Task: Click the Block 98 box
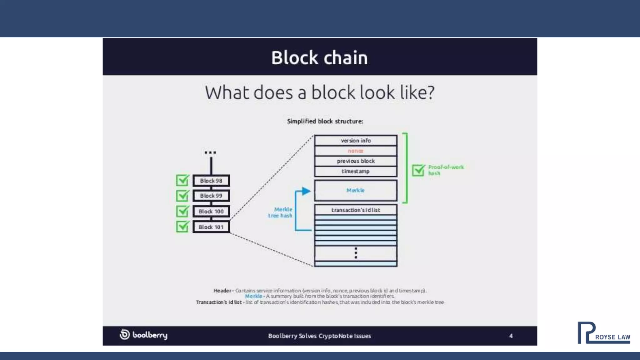point(211,181)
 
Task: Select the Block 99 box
point(211,196)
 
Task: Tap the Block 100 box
point(211,211)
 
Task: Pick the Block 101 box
point(211,227)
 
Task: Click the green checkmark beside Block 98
point(182,180)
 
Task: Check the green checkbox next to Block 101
point(182,227)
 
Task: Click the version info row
point(356,141)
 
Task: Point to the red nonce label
point(356,151)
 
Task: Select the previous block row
point(356,161)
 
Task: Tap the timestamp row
point(356,171)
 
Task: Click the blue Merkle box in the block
point(356,190)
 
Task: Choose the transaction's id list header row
point(356,210)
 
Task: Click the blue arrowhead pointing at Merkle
point(306,191)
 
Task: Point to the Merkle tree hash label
point(280,212)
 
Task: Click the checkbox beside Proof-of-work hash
point(418,170)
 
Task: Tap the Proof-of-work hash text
point(446,170)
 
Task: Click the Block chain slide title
point(319,58)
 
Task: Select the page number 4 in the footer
point(511,336)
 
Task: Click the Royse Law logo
point(604,333)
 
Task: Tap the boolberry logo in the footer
point(144,335)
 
